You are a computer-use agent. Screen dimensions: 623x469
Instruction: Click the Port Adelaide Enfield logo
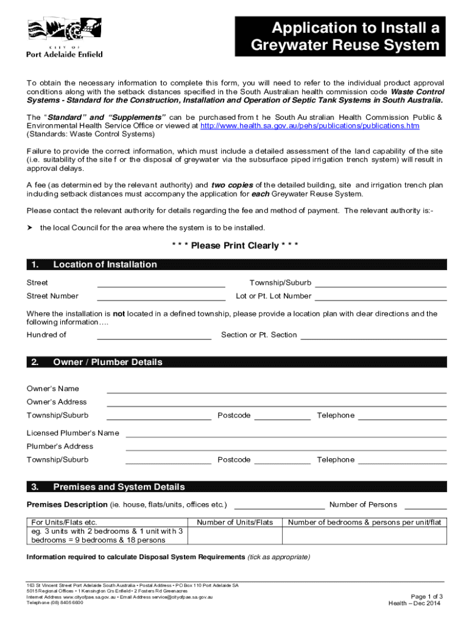click(64, 38)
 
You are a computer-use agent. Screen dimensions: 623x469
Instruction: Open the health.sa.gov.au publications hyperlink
click(309, 126)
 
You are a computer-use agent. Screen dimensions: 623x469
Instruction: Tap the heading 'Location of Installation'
click(105, 265)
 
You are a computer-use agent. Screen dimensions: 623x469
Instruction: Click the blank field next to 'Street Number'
click(161, 296)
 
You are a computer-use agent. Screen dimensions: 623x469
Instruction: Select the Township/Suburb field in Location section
click(381, 283)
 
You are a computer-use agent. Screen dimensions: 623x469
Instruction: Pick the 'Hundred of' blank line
click(154, 335)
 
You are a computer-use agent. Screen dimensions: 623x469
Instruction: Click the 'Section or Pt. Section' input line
click(373, 335)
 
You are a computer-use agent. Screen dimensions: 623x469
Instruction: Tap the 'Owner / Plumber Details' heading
click(108, 362)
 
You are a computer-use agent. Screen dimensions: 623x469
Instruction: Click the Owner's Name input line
click(277, 389)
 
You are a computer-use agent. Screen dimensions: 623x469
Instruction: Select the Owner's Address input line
click(277, 403)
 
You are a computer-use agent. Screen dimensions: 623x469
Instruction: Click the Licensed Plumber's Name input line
click(286, 434)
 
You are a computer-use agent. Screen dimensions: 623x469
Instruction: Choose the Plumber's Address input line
click(286, 447)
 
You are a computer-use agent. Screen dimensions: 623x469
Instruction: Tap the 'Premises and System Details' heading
click(119, 487)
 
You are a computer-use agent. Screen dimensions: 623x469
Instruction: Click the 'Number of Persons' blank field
click(425, 505)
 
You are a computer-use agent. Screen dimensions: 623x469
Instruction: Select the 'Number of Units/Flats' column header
click(235, 522)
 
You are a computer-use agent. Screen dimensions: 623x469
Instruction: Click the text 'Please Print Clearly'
click(234, 246)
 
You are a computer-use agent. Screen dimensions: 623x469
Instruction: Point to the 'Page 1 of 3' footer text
click(426, 596)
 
